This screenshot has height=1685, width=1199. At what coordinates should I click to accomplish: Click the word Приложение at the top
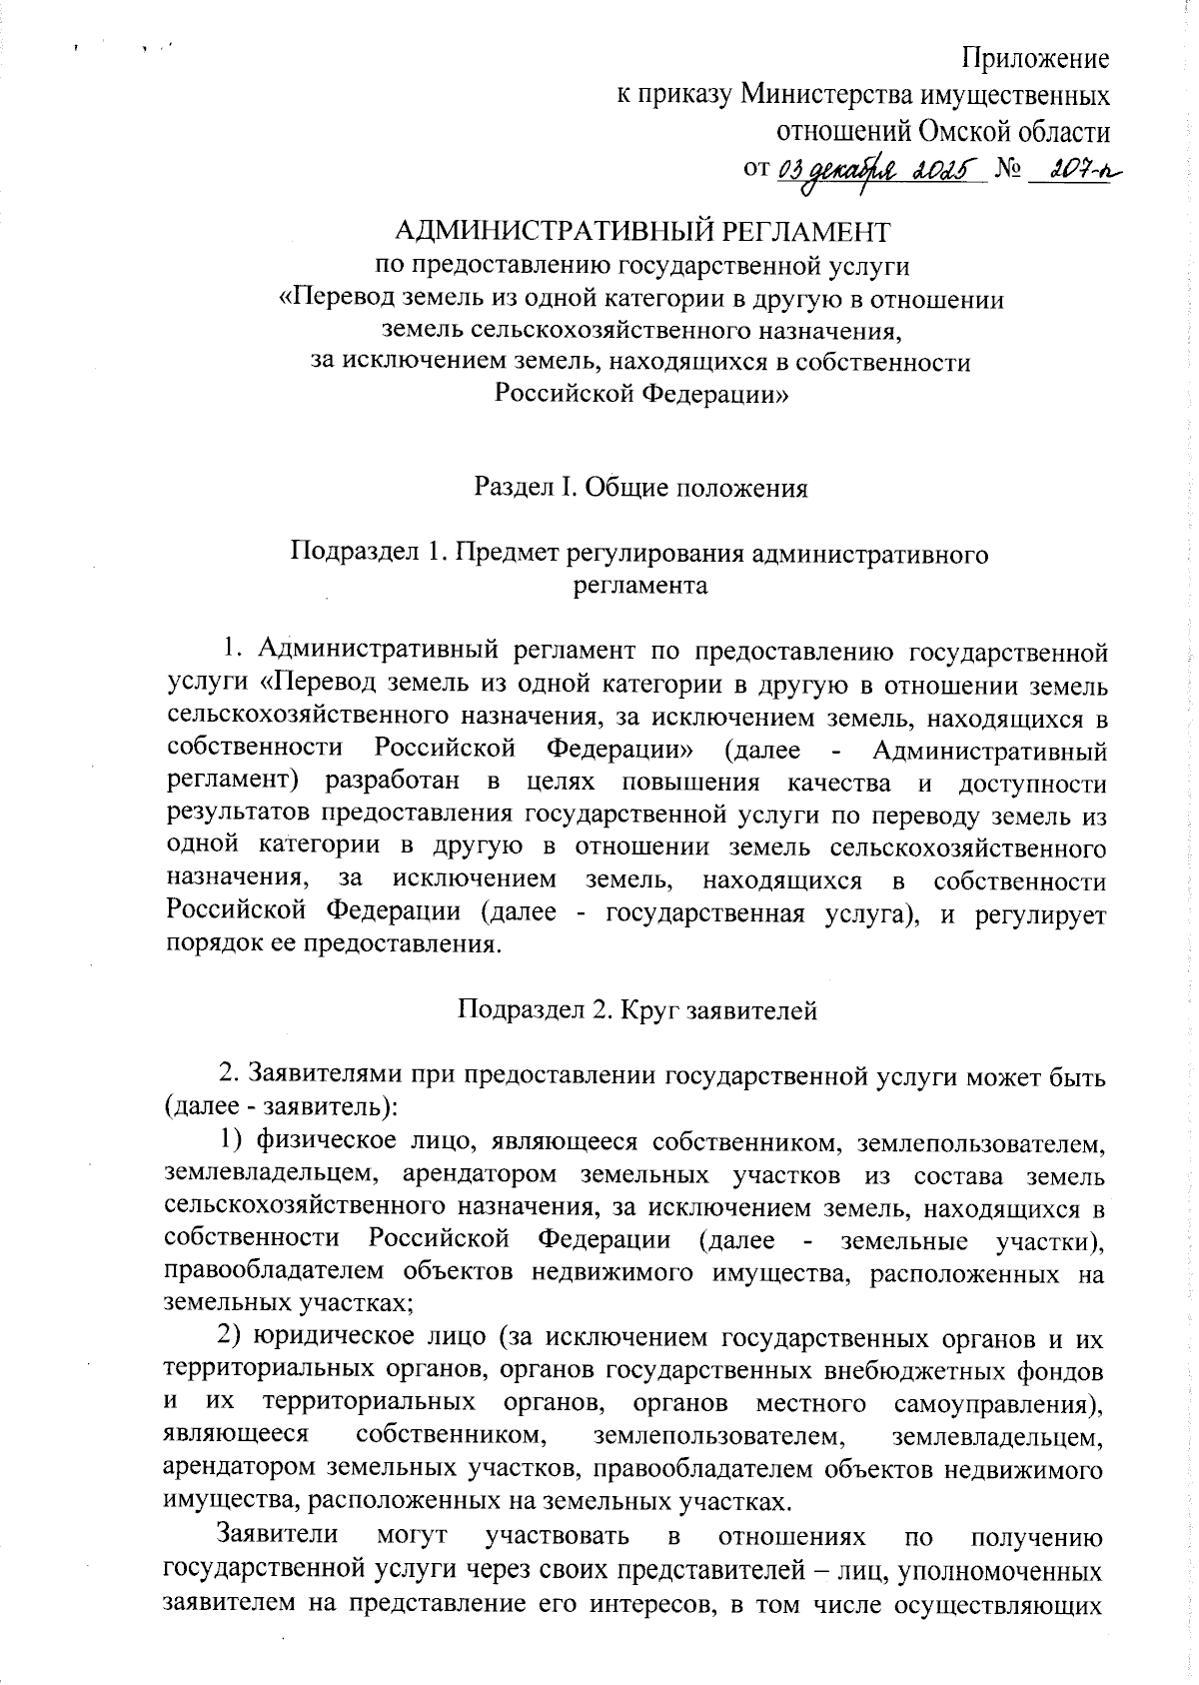1035,58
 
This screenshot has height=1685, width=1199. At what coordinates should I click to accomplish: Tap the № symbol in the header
1009,171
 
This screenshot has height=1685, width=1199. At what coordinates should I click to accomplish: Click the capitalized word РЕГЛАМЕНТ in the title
799,232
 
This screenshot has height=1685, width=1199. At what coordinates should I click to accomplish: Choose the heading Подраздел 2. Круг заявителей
637,1010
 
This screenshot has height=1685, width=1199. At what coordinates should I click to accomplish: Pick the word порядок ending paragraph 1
214,945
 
